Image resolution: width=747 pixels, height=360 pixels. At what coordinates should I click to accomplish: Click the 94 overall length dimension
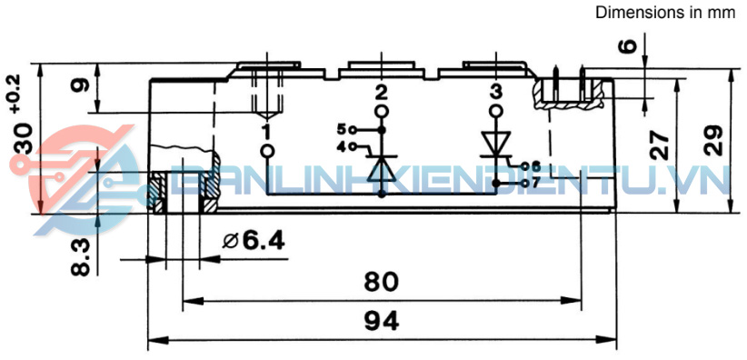382,322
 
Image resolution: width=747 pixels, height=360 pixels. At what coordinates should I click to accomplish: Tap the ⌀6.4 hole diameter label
254,241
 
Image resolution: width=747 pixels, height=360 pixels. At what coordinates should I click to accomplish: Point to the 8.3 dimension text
81,257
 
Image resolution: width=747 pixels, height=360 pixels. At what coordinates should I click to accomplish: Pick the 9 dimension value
80,85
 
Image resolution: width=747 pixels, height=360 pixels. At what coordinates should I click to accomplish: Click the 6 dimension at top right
628,45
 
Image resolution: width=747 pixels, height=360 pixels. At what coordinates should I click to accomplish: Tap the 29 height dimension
712,140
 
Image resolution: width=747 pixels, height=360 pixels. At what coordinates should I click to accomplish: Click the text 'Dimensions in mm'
665,13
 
